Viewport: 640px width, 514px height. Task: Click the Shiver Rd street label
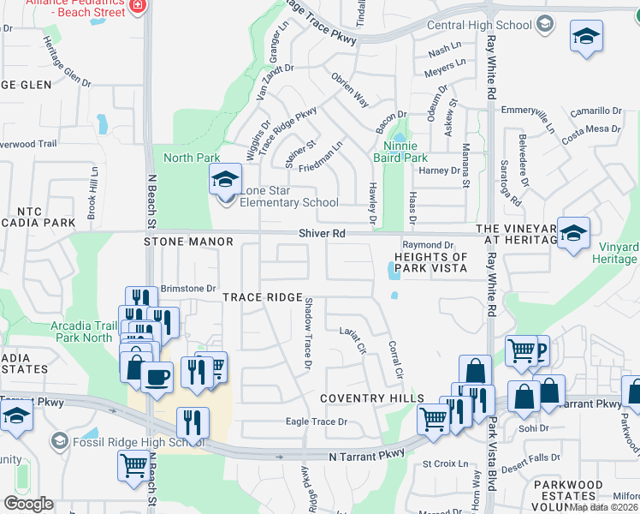click(322, 233)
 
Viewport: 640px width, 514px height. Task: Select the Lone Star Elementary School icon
click(225, 180)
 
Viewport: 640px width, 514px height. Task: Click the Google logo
click(28, 504)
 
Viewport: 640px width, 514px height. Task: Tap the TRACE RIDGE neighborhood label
click(262, 297)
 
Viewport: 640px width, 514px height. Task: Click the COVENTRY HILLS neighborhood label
click(371, 399)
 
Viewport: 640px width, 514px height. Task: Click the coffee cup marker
click(157, 377)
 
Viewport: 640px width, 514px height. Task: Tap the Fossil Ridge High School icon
click(59, 440)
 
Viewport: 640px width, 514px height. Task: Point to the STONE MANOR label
click(188, 242)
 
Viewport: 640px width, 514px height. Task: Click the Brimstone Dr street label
click(188, 290)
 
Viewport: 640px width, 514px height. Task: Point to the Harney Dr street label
click(441, 170)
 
